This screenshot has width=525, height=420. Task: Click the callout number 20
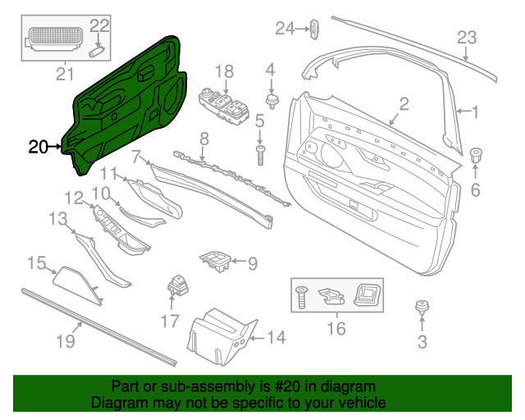(38, 148)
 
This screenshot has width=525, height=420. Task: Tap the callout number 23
(466, 38)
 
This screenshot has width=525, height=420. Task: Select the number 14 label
(276, 337)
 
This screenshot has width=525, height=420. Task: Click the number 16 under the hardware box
(336, 329)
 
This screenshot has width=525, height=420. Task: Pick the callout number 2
(404, 103)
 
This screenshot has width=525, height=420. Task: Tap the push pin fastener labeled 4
(271, 98)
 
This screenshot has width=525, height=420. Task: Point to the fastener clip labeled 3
(422, 310)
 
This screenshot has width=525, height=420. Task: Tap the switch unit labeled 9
(218, 262)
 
